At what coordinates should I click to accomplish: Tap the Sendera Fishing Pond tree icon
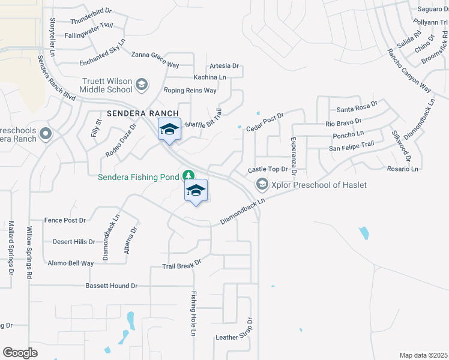189,175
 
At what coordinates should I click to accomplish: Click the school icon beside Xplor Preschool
261,184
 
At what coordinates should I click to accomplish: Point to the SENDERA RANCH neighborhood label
143,113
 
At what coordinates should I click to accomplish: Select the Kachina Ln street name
209,77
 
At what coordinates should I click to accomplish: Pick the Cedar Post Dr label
264,122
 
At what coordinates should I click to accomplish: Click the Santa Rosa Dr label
357,109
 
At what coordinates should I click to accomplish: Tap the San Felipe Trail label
351,145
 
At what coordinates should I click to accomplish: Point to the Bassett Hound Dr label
112,286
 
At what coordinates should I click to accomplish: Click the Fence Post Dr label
65,220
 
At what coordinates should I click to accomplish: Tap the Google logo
20,352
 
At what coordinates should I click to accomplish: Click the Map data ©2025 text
423,355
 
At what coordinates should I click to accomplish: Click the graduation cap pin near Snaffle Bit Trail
170,129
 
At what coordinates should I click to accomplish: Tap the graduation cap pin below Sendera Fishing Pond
196,191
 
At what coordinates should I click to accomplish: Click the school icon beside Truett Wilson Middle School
141,84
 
